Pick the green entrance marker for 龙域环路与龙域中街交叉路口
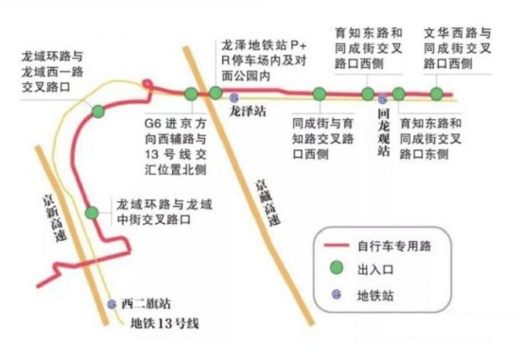tap(92, 212)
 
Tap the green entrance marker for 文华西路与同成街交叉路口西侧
tap(436, 94)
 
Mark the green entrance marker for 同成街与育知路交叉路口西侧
tap(320, 94)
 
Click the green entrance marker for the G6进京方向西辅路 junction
tap(191, 94)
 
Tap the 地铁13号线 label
tap(165, 324)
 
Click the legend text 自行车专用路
tap(394, 247)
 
